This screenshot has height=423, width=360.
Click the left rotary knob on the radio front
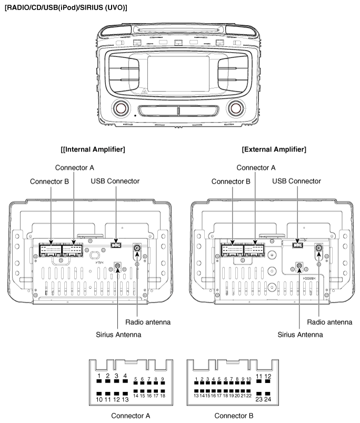(x=121, y=108)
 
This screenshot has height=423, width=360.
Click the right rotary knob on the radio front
(x=236, y=108)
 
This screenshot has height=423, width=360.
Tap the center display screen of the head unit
(x=178, y=74)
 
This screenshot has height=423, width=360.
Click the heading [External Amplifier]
(x=274, y=149)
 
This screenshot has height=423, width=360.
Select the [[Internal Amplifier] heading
(x=93, y=149)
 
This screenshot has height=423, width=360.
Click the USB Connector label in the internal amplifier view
(x=115, y=181)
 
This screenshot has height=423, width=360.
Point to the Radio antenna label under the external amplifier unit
(x=329, y=322)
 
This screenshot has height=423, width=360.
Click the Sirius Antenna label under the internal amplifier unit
(x=118, y=335)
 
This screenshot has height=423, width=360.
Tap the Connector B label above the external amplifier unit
(x=231, y=182)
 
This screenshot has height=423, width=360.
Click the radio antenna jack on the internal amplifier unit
(x=137, y=248)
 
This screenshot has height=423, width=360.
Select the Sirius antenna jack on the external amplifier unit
(x=299, y=266)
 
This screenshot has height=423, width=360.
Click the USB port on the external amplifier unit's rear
(x=297, y=245)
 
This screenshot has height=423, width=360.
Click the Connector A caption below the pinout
(x=131, y=416)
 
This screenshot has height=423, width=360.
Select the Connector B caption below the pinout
(x=234, y=416)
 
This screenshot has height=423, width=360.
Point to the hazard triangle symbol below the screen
(x=144, y=92)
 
